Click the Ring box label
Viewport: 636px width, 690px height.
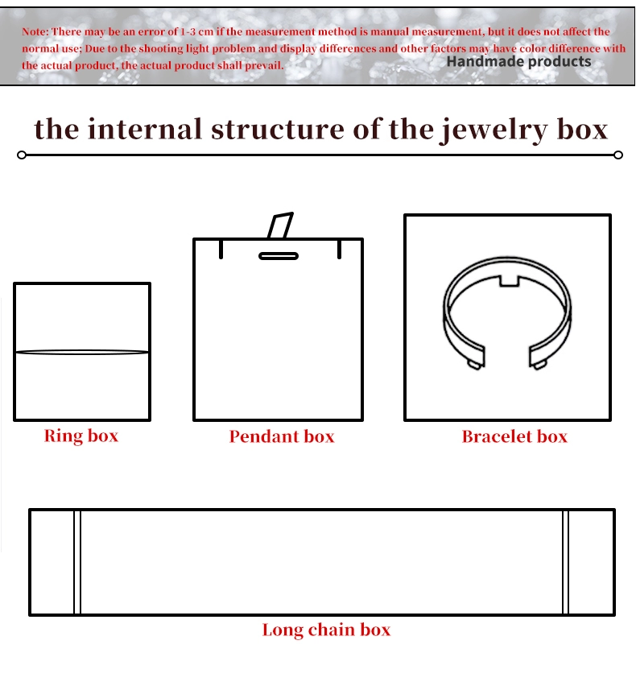[x=81, y=436]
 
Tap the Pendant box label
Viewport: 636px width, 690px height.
[x=282, y=436]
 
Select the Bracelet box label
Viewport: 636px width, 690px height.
[x=514, y=436]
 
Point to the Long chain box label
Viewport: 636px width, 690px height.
[x=326, y=630]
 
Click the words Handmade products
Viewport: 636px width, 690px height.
[x=519, y=61]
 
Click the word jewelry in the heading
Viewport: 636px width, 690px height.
[x=494, y=130]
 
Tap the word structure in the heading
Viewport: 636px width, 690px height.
[x=277, y=130]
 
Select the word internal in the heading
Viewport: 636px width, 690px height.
[x=144, y=129]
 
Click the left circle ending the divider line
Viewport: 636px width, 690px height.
[x=22, y=155]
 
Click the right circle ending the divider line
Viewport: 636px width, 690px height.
[x=618, y=155]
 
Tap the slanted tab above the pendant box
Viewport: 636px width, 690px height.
[x=280, y=225]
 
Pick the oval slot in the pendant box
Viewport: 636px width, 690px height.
[x=279, y=256]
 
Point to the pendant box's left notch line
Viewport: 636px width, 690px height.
[x=221, y=249]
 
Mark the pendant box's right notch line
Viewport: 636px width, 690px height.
[x=340, y=249]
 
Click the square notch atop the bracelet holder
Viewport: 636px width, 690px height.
[x=510, y=281]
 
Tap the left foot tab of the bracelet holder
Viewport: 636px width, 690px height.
[x=474, y=365]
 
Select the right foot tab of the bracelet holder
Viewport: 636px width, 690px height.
[x=539, y=365]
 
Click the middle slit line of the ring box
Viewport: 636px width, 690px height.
[x=82, y=352]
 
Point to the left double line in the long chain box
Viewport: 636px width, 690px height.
[x=77, y=562]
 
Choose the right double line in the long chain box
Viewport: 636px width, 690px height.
[x=566, y=562]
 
